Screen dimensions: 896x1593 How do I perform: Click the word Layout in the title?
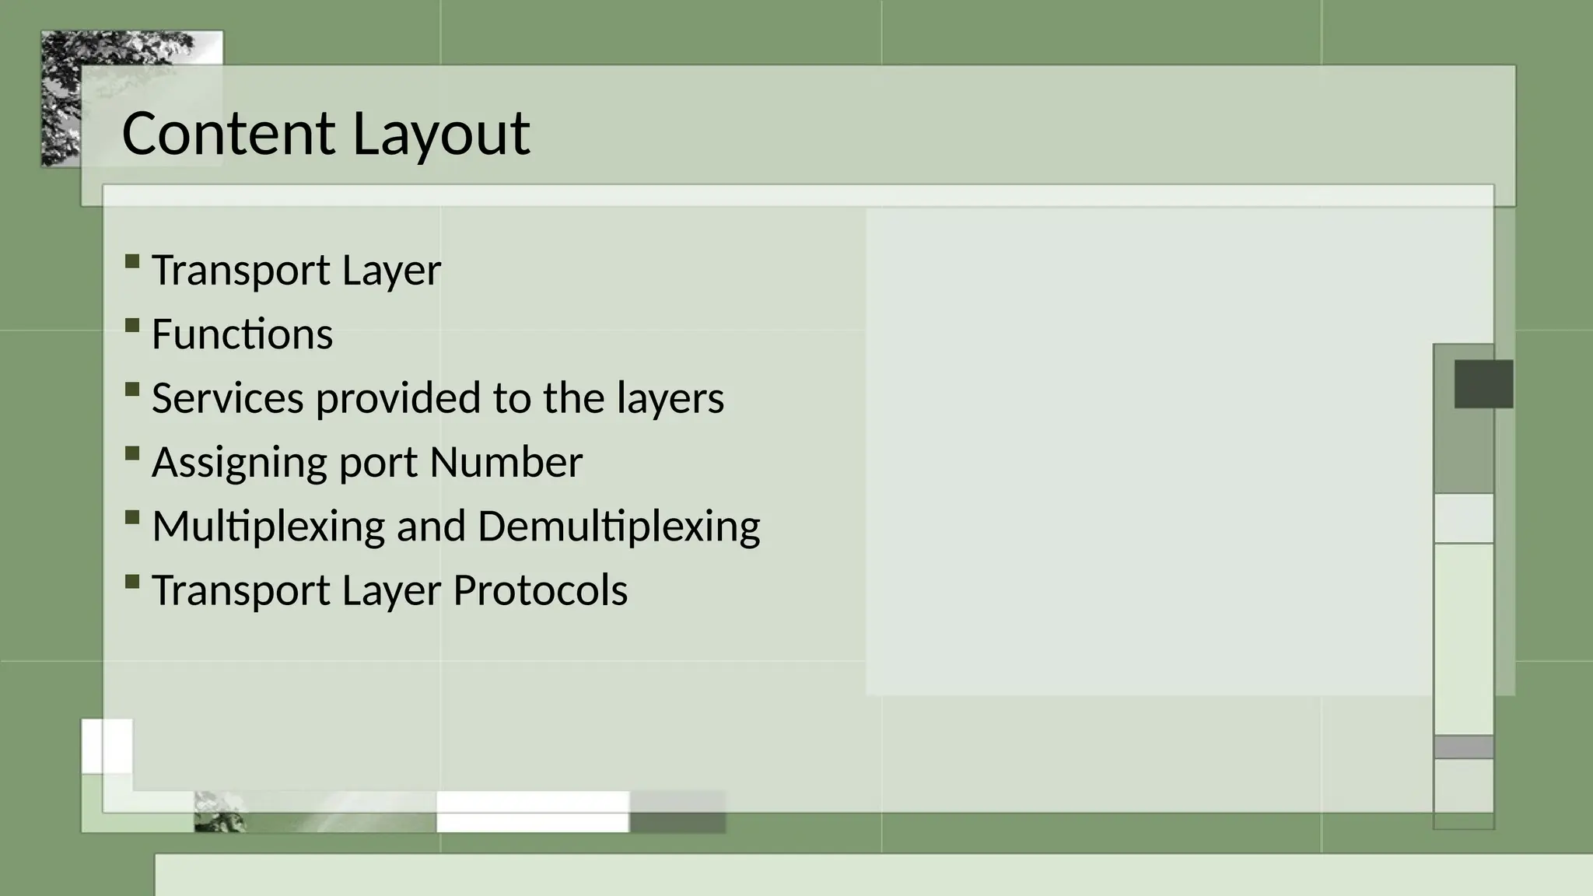tap(441, 134)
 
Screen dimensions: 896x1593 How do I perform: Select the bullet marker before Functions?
tap(131, 325)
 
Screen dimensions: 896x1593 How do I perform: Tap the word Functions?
tap(242, 334)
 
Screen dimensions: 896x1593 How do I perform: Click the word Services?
tap(227, 398)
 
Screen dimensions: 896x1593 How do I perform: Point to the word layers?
tap(670, 398)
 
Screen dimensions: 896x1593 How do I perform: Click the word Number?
tap(506, 463)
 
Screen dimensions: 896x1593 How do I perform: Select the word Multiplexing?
tap(268, 527)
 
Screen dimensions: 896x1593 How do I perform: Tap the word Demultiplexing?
tap(618, 527)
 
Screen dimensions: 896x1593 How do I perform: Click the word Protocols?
tap(540, 590)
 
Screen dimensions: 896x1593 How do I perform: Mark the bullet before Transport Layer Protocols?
tap(131, 581)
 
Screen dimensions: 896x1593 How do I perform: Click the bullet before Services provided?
tap(131, 389)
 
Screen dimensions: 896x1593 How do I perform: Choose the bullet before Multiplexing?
tap(131, 517)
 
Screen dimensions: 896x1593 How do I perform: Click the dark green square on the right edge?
tap(1483, 383)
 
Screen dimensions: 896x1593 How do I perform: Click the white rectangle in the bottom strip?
tap(532, 811)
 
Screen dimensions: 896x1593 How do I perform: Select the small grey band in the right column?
tap(1463, 747)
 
